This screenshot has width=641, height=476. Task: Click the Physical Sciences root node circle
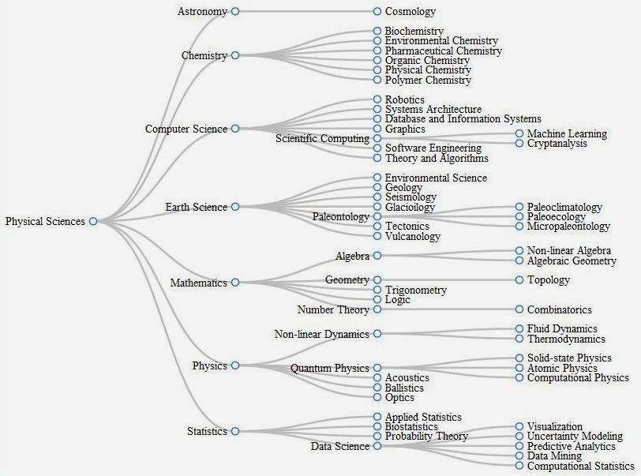coord(93,221)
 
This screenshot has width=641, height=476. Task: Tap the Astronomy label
coord(202,12)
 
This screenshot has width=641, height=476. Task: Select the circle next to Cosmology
coord(377,12)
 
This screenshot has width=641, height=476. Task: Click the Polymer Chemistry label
coord(428,81)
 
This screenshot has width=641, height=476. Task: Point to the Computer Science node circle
coord(235,129)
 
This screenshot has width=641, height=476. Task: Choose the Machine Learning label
coord(567,133)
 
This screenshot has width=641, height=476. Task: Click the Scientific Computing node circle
coord(377,139)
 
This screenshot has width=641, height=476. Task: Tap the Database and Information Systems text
coord(463,119)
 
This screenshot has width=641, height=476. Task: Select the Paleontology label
coord(341,217)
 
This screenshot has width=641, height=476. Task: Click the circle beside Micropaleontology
coord(519,226)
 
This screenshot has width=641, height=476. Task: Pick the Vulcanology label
coord(413,236)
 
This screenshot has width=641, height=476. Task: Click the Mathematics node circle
coord(235,282)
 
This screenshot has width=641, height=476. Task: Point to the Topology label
coord(548,280)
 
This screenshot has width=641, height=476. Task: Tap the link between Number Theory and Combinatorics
coord(448,309)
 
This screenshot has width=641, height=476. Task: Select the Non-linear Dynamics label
coord(322,334)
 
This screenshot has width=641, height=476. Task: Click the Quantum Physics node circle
coord(377,368)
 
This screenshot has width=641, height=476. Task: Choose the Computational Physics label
coord(578,378)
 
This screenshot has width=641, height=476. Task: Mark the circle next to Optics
coord(377,397)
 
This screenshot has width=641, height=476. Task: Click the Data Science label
coord(340,446)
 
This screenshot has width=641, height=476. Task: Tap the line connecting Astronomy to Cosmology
coord(306,12)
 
